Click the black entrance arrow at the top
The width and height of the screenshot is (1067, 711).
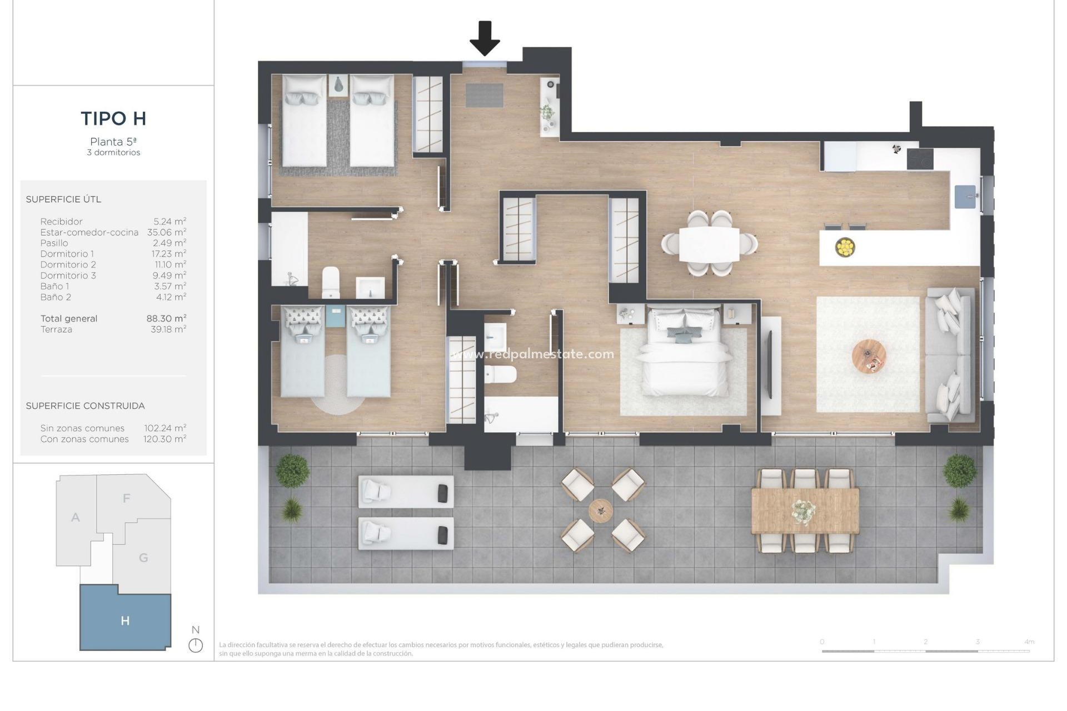click(485, 38)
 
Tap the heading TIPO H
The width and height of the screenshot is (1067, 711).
click(113, 118)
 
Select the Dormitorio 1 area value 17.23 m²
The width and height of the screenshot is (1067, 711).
click(169, 254)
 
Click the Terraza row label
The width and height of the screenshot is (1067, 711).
click(56, 329)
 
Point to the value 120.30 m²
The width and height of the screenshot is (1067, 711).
click(164, 439)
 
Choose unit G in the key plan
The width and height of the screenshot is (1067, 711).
click(143, 558)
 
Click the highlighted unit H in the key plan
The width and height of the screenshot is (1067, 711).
click(125, 620)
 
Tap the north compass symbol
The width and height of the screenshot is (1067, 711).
click(196, 645)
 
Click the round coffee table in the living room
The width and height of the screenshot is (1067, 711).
click(869, 357)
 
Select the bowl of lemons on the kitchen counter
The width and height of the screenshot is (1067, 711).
click(845, 247)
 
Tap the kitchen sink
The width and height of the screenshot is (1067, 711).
click(965, 197)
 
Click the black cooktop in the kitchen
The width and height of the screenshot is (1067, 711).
click(920, 159)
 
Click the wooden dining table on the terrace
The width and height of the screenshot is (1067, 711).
click(805, 510)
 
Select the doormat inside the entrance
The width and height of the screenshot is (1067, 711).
click(484, 95)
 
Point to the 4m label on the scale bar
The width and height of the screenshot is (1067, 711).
click(1029, 642)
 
